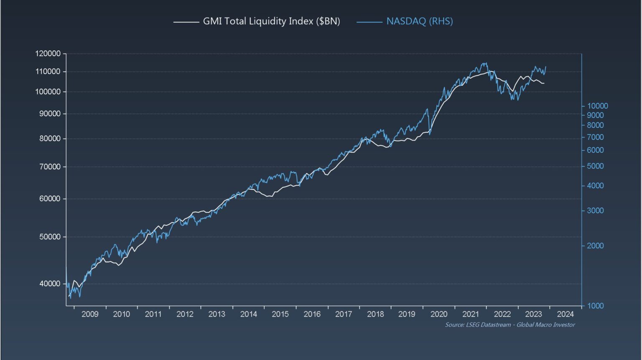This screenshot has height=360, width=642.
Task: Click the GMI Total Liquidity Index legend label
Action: point(271,21)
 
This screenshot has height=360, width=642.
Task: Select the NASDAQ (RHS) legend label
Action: point(419,21)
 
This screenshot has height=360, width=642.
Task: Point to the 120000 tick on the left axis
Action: point(48,54)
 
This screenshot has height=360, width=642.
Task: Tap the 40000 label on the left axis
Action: point(50,283)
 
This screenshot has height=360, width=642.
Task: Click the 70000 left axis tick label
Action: point(50,166)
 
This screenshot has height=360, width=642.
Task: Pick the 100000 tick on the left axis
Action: point(48,92)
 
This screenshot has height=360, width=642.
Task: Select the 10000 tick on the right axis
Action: point(597,106)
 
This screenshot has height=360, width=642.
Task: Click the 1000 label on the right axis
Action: point(595,306)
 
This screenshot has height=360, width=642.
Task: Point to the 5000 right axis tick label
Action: point(595,166)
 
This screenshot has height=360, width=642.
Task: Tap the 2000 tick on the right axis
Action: point(595,245)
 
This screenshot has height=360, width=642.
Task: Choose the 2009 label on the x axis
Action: point(90,314)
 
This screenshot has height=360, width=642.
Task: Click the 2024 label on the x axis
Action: point(565,314)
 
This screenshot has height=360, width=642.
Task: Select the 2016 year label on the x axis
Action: point(312,314)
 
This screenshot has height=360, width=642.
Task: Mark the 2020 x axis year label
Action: point(438,314)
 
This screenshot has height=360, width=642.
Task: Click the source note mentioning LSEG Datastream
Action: point(510,325)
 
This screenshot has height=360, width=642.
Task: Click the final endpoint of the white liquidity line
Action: point(544,83)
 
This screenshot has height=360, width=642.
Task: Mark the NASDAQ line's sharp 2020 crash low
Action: point(430,135)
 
